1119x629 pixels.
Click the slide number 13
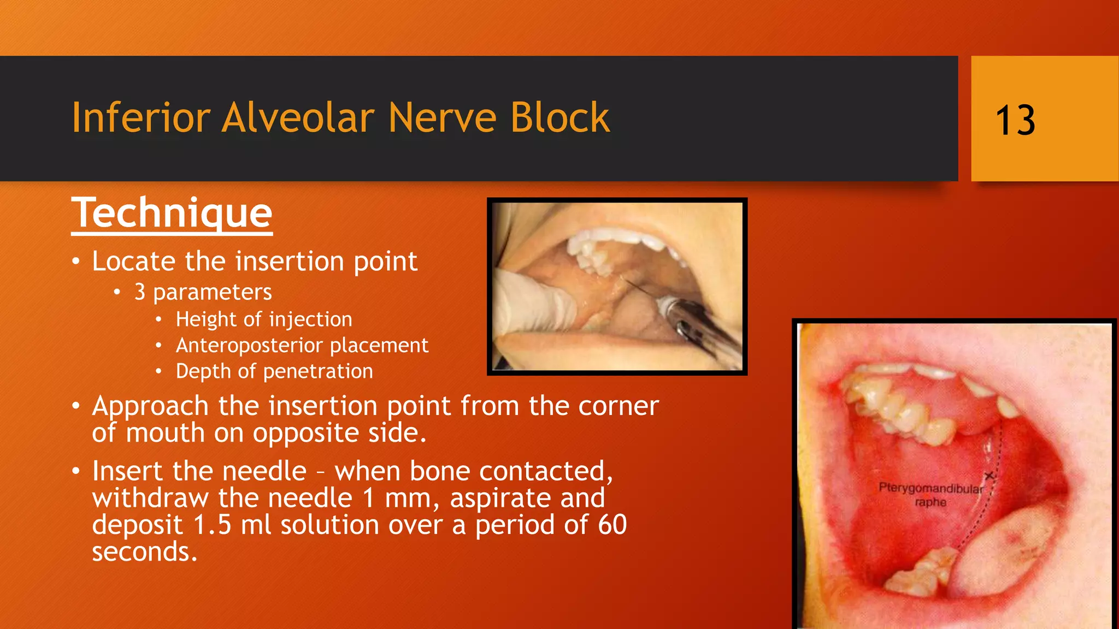point(1015,120)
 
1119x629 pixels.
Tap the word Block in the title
point(559,117)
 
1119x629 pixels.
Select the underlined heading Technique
point(172,213)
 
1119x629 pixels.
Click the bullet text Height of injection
point(264,319)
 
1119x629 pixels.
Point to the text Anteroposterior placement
point(302,346)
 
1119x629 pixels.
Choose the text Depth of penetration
point(274,372)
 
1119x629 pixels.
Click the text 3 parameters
point(203,292)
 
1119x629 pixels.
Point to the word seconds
point(143,552)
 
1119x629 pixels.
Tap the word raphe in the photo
point(930,502)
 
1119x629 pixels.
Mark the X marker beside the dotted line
point(988,476)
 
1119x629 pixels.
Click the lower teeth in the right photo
point(923,573)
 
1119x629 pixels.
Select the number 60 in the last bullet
point(612,525)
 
